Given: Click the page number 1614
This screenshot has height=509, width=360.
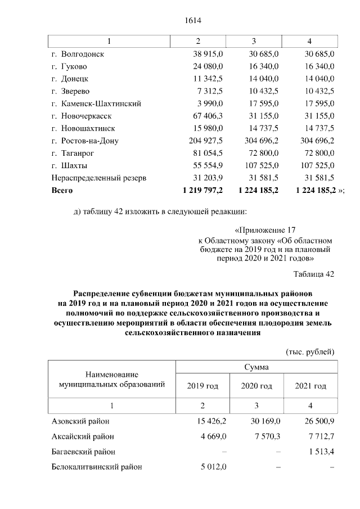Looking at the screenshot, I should [193, 21].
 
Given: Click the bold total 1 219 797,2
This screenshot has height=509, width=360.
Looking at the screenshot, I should [203, 191].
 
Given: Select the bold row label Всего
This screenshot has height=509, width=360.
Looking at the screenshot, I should [62, 191].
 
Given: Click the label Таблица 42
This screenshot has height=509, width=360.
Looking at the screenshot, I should [314, 274].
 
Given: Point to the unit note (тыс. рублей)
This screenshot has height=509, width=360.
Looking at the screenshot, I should [310, 352].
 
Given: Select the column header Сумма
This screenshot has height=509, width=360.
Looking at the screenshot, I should [256, 367].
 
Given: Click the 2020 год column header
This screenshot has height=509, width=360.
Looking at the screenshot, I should [256, 386].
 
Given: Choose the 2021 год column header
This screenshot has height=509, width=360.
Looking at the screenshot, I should [310, 386].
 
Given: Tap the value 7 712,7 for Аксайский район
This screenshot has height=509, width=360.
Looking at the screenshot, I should [318, 436].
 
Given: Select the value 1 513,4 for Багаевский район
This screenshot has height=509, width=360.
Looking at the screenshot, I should [318, 451].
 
